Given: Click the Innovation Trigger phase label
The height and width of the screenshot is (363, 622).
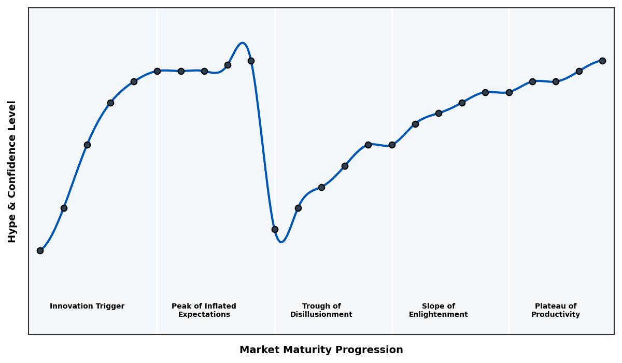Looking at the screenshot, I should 87,306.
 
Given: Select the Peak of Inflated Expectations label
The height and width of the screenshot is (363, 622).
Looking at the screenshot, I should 204,310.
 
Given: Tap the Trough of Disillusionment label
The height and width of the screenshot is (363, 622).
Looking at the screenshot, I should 321,310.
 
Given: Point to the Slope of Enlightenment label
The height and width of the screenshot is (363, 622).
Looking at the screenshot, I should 439,310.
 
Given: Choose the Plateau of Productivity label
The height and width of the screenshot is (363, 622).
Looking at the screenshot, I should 556,310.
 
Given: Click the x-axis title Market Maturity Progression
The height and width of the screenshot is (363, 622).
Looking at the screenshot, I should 321,350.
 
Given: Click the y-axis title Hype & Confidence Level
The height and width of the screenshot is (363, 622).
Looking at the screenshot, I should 12,172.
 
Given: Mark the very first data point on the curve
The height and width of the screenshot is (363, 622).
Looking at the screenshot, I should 40,250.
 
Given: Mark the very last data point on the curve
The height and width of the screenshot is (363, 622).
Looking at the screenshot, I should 602,61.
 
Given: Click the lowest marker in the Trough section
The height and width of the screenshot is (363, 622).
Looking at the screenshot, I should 275,229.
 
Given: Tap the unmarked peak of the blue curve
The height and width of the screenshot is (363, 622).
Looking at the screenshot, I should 242,43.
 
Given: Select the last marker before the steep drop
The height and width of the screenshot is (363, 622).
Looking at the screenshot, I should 251,61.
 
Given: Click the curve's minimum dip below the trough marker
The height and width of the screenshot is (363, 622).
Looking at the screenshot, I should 281,242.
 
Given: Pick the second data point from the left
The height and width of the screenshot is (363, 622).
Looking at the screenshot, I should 64,208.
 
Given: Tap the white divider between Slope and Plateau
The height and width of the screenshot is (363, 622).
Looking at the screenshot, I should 509,207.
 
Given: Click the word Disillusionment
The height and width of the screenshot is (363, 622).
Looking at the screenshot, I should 321,315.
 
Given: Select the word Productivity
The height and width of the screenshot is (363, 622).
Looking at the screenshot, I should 556,315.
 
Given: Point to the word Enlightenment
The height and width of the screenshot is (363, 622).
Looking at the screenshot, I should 439,315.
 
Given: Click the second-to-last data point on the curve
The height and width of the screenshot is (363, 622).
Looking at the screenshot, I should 579,71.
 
